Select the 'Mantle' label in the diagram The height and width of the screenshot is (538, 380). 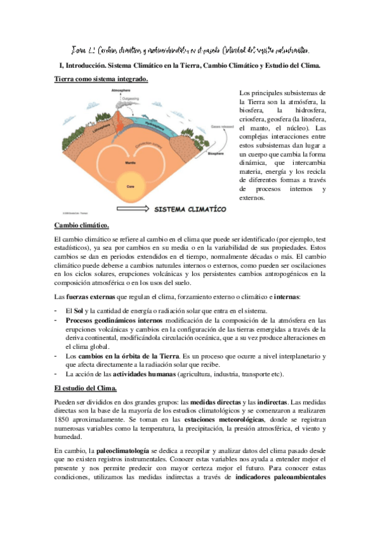click(x=132, y=163)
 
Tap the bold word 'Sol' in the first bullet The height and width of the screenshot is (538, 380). click(x=79, y=310)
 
